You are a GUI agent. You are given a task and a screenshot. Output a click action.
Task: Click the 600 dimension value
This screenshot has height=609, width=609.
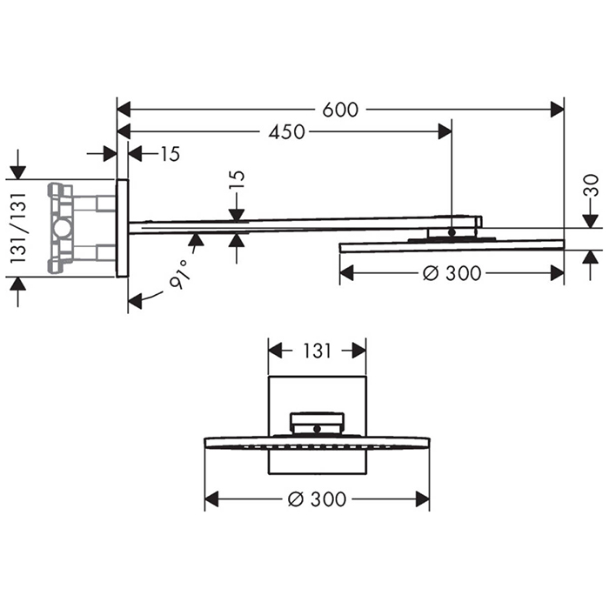coord(340,110)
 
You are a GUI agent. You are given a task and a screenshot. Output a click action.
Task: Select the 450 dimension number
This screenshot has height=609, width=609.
coord(286,132)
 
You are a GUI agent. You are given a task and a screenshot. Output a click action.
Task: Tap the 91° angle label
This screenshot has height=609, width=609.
coord(180,274)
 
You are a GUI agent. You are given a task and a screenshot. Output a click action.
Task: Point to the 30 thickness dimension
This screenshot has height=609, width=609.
coord(591,185)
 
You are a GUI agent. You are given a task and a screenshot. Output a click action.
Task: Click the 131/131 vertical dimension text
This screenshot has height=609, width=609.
coord(18,228)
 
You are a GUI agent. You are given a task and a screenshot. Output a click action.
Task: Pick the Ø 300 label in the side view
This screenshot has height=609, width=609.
coord(452,273)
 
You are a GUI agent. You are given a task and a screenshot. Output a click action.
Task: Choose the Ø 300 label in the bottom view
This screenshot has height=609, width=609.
coord(317,499)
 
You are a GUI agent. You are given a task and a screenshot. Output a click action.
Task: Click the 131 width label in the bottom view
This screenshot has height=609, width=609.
coord(317,351)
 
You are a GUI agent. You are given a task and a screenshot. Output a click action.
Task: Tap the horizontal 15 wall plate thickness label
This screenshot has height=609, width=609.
coord(171,154)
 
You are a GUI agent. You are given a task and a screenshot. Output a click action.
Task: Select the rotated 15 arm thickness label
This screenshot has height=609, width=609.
coord(237,180)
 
